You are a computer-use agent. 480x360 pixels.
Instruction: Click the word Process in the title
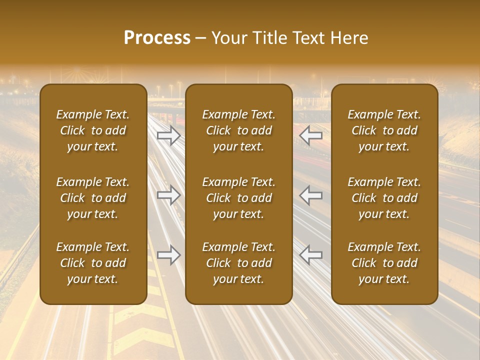pyautogui.click(x=157, y=38)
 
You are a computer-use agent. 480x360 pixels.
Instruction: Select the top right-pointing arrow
pyautogui.click(x=169, y=135)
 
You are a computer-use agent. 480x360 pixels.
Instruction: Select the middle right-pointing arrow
pyautogui.click(x=169, y=195)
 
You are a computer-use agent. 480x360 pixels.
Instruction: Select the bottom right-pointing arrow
pyautogui.click(x=169, y=255)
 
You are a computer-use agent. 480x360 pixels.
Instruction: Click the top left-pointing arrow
pyautogui.click(x=311, y=135)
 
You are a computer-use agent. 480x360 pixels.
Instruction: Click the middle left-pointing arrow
pyautogui.click(x=311, y=195)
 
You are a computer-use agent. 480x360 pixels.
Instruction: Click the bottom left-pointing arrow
pyautogui.click(x=311, y=255)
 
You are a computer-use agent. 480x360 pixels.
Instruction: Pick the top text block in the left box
pyautogui.click(x=93, y=130)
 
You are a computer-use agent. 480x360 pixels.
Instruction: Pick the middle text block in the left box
pyautogui.click(x=93, y=198)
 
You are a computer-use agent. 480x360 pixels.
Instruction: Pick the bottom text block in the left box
pyautogui.click(x=93, y=263)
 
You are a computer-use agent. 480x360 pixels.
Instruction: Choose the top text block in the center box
pyautogui.click(x=239, y=130)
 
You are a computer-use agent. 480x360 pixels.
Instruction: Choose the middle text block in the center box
pyautogui.click(x=239, y=198)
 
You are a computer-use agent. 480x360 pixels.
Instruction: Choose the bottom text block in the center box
pyautogui.click(x=239, y=263)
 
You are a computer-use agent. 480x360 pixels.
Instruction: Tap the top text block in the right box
pyautogui.click(x=384, y=130)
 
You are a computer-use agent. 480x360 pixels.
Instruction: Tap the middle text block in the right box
pyautogui.click(x=384, y=198)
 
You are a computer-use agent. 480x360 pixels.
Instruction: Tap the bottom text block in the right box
pyautogui.click(x=384, y=263)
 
